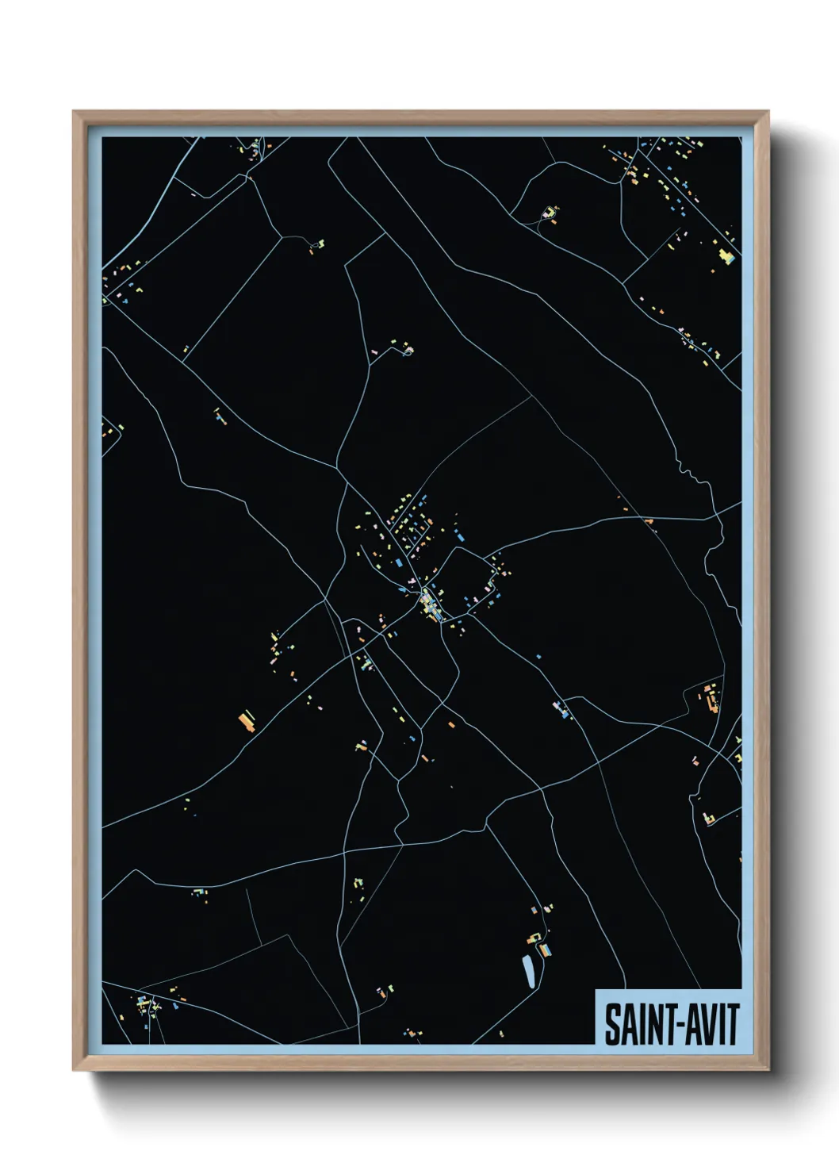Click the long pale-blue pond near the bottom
pyautogui.click(x=527, y=971)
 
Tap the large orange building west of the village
pyautogui.click(x=246, y=721)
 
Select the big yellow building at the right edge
pyautogui.click(x=725, y=255)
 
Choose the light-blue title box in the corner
pyautogui.click(x=668, y=1018)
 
